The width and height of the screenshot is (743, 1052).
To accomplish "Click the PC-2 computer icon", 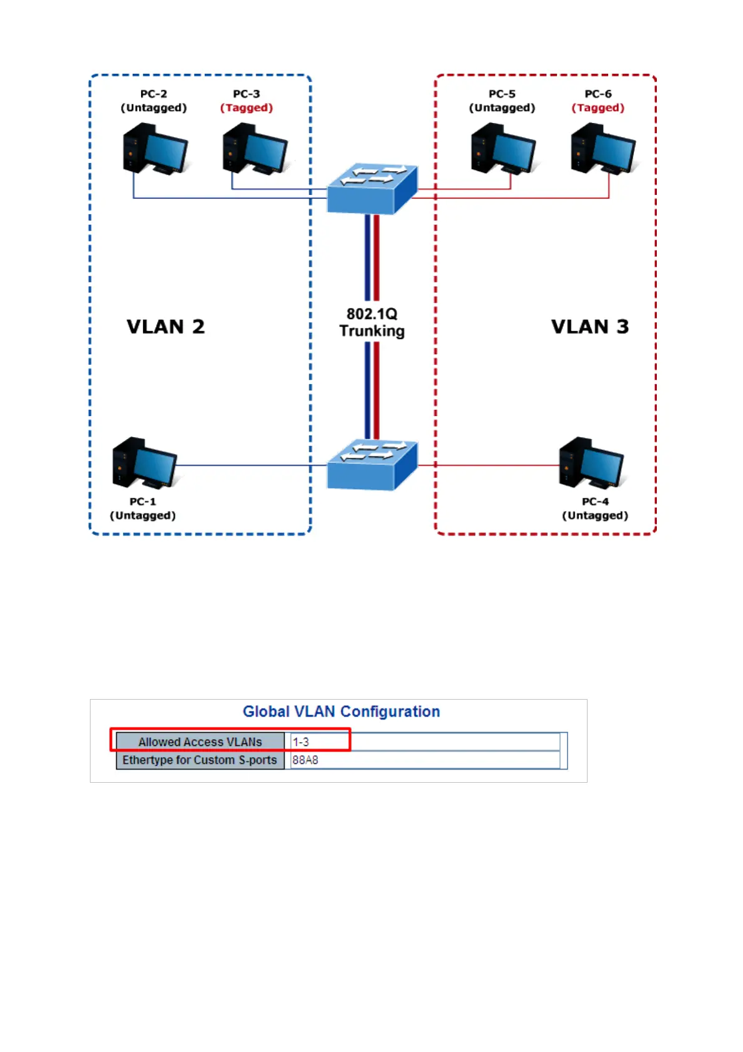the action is [x=155, y=149].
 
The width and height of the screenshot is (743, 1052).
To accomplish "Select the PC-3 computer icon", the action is [x=255, y=149].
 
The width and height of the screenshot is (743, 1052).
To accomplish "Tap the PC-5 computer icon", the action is [x=504, y=149].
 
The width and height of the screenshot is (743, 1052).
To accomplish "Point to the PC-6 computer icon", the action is [x=604, y=149].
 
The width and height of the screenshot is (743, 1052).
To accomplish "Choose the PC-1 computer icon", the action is [x=145, y=463].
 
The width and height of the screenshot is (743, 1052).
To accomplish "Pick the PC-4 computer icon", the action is [x=591, y=463].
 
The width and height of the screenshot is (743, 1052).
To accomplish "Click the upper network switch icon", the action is [x=371, y=189].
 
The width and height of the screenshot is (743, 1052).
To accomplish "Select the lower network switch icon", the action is [x=371, y=465].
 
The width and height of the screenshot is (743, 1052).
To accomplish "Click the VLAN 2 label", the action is [x=165, y=327].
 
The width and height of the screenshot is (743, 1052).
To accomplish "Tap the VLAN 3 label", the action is [x=590, y=327].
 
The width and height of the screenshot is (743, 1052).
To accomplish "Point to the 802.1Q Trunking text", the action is [x=371, y=322].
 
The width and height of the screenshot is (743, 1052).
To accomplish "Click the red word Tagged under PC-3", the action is [x=247, y=107].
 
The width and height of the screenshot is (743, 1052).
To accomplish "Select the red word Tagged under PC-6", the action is [x=598, y=107].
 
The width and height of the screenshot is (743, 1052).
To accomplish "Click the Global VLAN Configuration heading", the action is [x=342, y=712].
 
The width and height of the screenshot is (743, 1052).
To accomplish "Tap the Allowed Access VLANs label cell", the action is [x=200, y=742].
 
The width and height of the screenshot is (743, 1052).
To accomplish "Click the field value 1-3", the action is [x=301, y=742].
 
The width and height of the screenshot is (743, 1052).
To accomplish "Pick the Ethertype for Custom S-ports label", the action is [x=200, y=760].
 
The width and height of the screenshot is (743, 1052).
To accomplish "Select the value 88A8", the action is [x=305, y=760].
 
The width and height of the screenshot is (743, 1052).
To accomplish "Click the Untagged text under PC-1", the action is [x=143, y=515].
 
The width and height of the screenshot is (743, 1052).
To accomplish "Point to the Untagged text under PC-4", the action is [x=595, y=515].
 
